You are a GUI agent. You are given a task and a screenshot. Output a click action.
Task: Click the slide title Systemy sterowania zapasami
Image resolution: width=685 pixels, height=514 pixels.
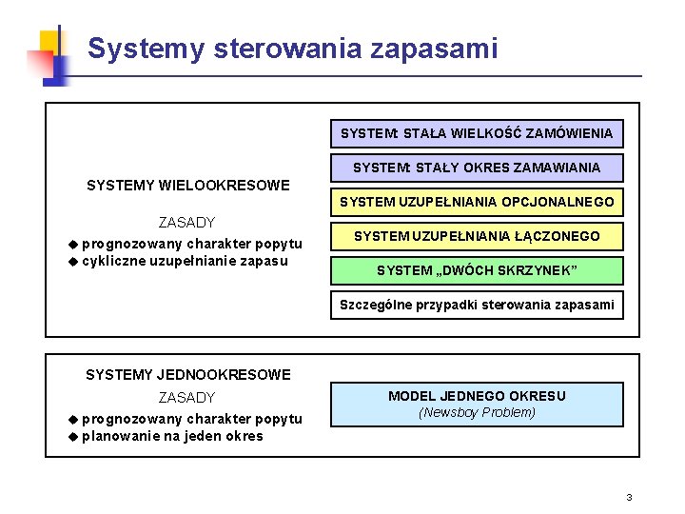coord(292,48)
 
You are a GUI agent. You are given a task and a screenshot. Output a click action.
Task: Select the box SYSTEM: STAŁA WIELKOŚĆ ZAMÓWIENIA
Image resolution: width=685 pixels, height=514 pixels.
coord(477,132)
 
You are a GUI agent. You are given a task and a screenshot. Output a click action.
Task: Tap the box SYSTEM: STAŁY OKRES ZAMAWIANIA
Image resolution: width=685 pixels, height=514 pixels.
coord(477,168)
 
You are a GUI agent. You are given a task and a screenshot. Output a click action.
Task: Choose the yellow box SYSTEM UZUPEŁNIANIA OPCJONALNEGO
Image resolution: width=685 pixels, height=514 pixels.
coord(477,202)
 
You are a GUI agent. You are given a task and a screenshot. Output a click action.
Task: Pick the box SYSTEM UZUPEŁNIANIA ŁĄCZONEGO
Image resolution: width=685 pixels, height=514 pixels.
coord(477,236)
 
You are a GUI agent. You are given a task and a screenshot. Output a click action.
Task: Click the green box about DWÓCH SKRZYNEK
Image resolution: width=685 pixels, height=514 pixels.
coord(477,270)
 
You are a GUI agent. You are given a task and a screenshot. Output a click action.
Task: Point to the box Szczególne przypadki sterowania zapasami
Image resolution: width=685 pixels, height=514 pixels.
coord(477,306)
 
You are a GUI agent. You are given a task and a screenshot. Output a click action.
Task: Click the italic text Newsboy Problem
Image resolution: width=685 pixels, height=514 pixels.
coord(477,413)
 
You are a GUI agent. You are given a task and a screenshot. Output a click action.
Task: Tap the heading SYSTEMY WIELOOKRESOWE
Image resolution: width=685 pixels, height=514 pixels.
coord(187,185)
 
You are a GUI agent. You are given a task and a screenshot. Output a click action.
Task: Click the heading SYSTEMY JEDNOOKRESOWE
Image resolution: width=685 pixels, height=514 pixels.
coord(187,375)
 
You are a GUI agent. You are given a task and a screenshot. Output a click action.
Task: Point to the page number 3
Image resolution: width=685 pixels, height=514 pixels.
coord(629,498)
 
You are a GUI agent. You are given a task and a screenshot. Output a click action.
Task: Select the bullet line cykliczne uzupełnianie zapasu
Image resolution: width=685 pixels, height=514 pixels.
coord(185,261)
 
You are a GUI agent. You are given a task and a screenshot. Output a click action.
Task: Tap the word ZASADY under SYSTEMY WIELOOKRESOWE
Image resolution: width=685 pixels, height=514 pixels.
coord(186,223)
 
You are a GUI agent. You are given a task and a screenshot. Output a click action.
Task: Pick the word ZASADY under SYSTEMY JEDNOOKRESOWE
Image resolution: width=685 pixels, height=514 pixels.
coord(186,398)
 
